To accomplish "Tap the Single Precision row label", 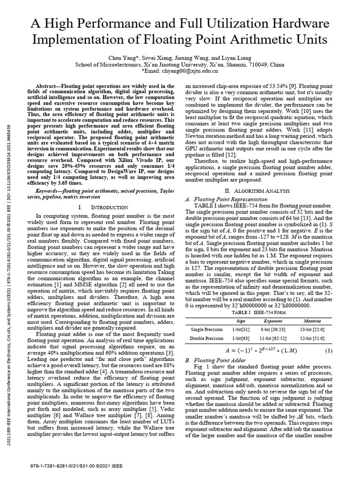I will (x=207, y=330).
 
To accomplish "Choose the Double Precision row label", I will (x=207, y=338).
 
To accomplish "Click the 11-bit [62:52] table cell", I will (x=273, y=338).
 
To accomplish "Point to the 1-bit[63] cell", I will (x=241, y=338).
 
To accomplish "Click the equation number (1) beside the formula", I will (x=329, y=350).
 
